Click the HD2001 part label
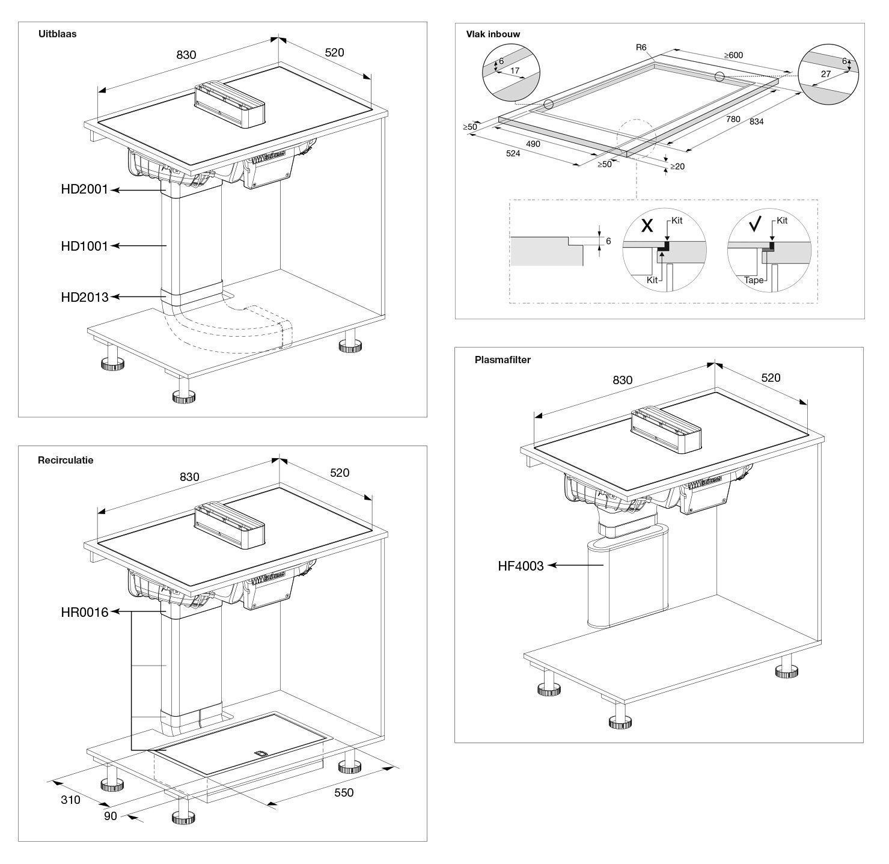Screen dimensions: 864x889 pyautogui.click(x=84, y=189)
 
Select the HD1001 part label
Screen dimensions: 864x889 pyautogui.click(x=84, y=246)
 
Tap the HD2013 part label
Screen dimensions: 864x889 pyautogui.click(x=84, y=297)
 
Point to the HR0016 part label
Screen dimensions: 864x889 pyautogui.click(x=84, y=613)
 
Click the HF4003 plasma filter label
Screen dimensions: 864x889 pyautogui.click(x=521, y=566)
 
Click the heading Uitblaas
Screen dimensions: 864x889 pyautogui.click(x=57, y=34)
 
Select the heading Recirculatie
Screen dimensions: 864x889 pyautogui.click(x=66, y=460)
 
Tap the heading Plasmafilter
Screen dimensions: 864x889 pyautogui.click(x=503, y=360)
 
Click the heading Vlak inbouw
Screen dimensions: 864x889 pyautogui.click(x=493, y=34)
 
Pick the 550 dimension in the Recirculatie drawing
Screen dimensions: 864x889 pyautogui.click(x=344, y=792)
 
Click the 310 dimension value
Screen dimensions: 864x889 pyautogui.click(x=70, y=800)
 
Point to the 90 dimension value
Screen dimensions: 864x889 pyautogui.click(x=111, y=817)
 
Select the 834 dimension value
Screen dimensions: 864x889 pyautogui.click(x=756, y=121)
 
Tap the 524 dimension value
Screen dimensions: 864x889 pyautogui.click(x=513, y=153)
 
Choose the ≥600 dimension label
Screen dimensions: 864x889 pyautogui.click(x=733, y=55)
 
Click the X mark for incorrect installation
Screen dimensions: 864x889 pyautogui.click(x=647, y=226)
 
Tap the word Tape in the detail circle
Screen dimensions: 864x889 pyautogui.click(x=754, y=280)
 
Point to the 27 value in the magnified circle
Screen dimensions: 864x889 pyautogui.click(x=825, y=74)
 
